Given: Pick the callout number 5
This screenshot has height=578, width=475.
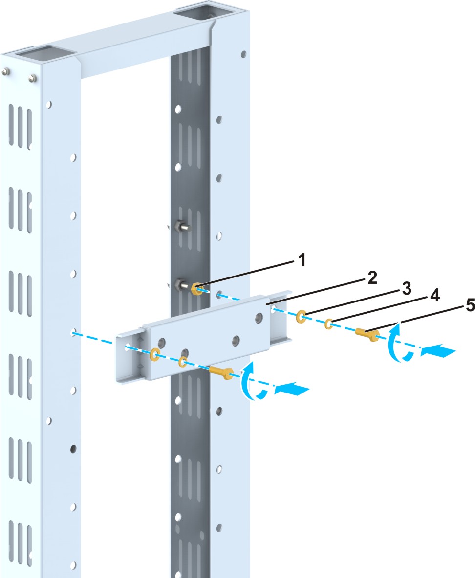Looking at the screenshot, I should click(456, 307).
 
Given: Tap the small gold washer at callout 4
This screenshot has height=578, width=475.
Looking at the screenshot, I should click(330, 324).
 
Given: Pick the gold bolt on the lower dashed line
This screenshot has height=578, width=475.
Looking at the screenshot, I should click(222, 372).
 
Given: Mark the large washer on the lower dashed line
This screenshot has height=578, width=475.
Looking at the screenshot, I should click(156, 353).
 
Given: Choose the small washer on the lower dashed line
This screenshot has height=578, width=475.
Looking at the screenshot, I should click(183, 362).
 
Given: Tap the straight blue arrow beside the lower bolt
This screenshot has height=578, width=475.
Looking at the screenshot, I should click(292, 390).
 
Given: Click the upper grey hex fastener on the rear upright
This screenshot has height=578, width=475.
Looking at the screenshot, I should click(181, 227).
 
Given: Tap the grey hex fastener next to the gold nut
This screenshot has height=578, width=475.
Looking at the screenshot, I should click(182, 284).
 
